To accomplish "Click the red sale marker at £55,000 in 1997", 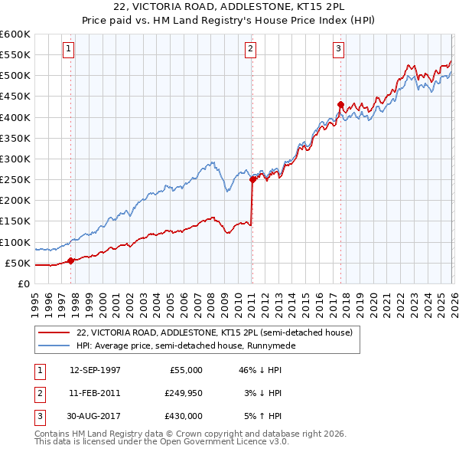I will [x=71, y=260].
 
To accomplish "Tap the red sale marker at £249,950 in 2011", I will [x=252, y=179].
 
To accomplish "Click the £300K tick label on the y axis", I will [x=15, y=159].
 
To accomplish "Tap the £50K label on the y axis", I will [x=18, y=263].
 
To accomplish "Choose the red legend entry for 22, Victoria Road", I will [x=214, y=332].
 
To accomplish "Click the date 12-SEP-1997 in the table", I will [x=95, y=369].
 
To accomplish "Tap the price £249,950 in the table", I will [x=184, y=393].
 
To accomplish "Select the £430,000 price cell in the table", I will [x=184, y=416].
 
